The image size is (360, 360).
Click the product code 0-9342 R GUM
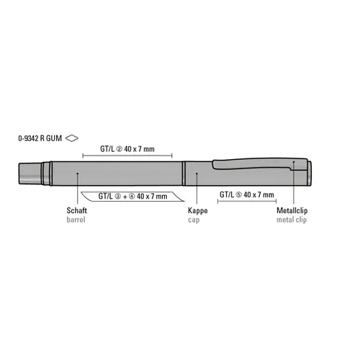[40, 138]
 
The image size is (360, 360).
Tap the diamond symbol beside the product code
[72, 138]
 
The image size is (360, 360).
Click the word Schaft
[76, 210]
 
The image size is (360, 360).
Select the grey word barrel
[76, 220]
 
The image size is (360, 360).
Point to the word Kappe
[198, 211]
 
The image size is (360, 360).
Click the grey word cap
[194, 220]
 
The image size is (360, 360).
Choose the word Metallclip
[292, 210]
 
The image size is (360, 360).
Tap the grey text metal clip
[292, 220]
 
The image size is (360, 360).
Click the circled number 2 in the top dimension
[120, 149]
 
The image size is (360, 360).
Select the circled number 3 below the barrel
[118, 197]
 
